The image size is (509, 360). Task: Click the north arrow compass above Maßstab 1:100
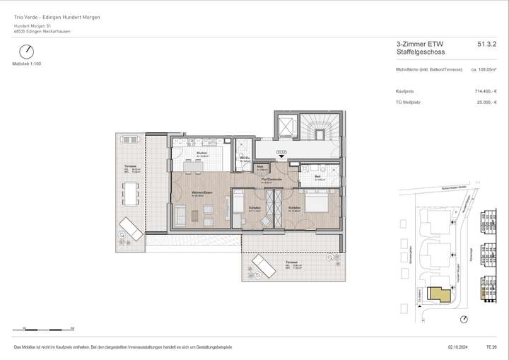pyautogui.click(x=27, y=52)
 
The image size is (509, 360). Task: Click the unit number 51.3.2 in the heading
pyautogui.click(x=487, y=44)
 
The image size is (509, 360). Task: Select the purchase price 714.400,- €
pyautogui.click(x=484, y=91)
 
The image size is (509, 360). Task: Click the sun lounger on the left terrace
pyautogui.click(x=131, y=228)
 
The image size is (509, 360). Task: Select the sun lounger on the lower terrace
pyautogui.click(x=264, y=267)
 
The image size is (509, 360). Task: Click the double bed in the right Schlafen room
pyautogui.click(x=315, y=203)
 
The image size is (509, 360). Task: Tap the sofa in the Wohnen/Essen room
pyautogui.click(x=180, y=215)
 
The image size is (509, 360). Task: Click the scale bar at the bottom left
pyautogui.click(x=44, y=329)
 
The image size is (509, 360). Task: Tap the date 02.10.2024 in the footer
pyautogui.click(x=457, y=348)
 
